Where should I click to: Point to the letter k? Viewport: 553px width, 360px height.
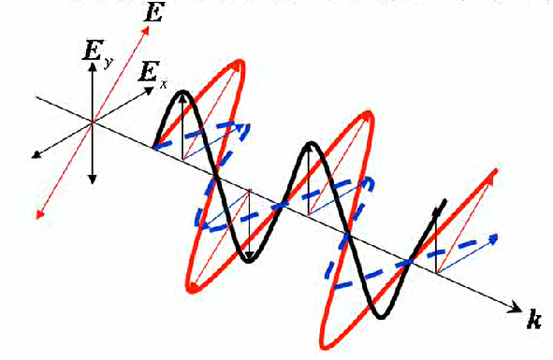[534, 322]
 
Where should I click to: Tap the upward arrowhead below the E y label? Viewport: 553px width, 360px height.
[92, 72]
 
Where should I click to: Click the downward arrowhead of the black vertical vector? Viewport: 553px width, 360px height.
[93, 178]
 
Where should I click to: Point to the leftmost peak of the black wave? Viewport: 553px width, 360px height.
[183, 92]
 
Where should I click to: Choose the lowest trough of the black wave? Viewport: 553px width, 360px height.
[380, 317]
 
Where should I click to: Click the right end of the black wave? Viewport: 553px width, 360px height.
[444, 200]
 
